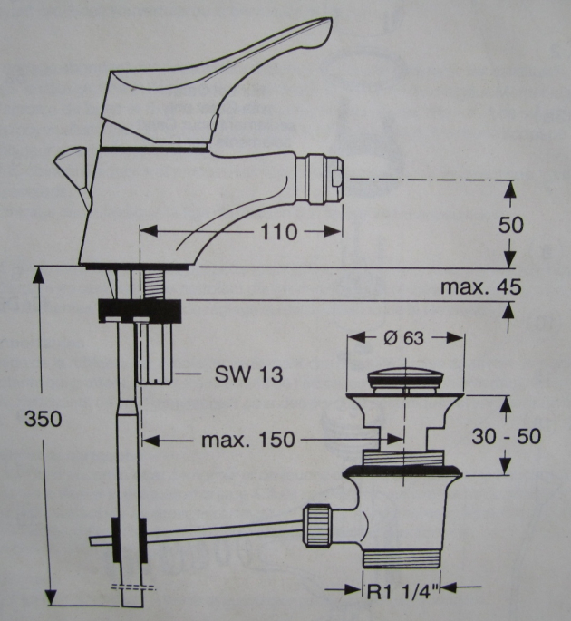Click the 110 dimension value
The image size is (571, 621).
click(277, 232)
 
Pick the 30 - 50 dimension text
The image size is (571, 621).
click(507, 436)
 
